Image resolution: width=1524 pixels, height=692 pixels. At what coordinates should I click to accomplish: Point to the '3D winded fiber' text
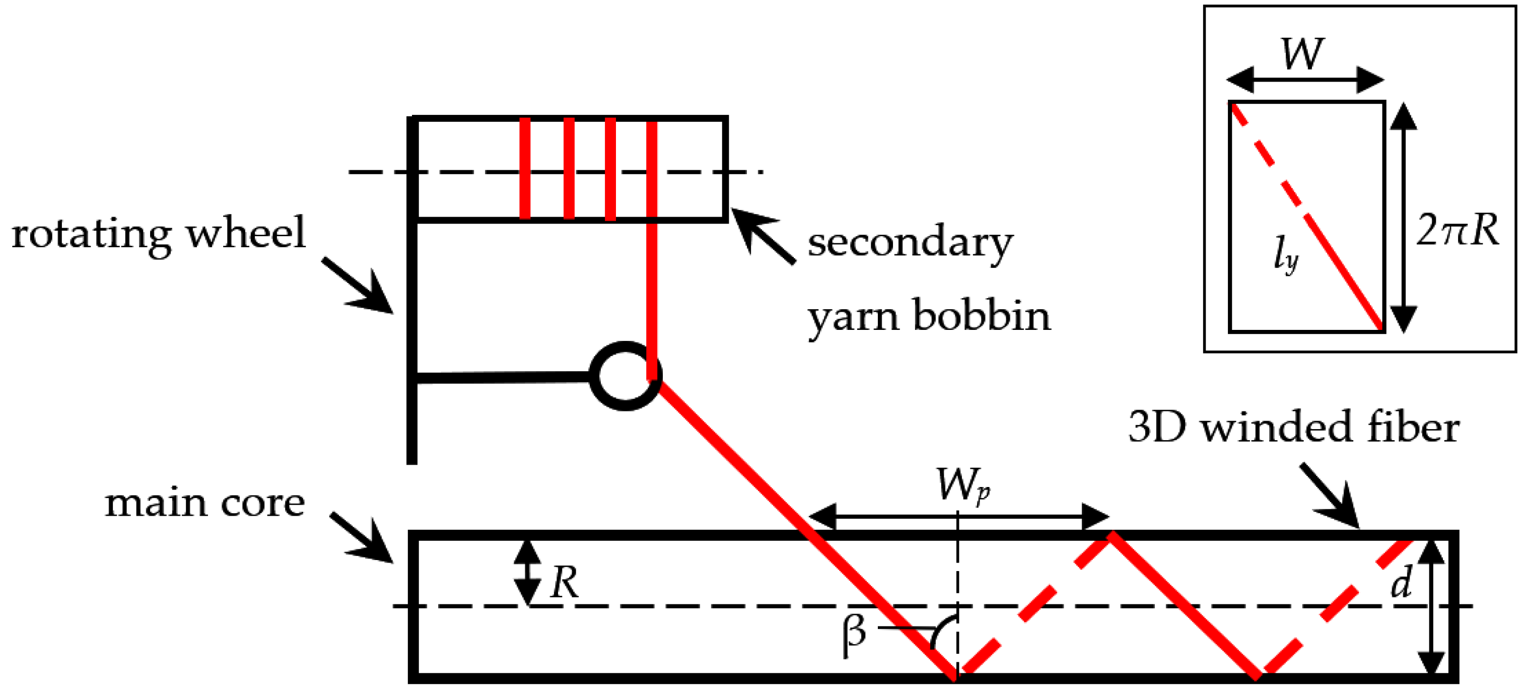pos(1293,427)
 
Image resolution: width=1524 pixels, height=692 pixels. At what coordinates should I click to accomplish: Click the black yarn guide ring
pos(625,376)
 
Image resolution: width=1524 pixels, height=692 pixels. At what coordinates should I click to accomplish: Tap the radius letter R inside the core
pos(564,583)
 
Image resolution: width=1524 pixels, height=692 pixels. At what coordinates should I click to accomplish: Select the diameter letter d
pos(1402,583)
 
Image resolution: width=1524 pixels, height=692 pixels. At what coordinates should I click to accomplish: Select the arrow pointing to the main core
pos(362,538)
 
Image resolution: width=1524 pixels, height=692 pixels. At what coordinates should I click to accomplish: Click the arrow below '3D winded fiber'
pos(1331,497)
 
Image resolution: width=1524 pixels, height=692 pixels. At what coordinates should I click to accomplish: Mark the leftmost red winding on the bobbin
pos(525,169)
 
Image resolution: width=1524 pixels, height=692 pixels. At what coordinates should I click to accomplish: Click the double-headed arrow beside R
pos(526,573)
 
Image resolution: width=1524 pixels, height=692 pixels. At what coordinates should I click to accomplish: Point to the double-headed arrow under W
pos(1305,80)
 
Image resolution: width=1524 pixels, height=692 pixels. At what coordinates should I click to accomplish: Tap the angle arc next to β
pos(941,631)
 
